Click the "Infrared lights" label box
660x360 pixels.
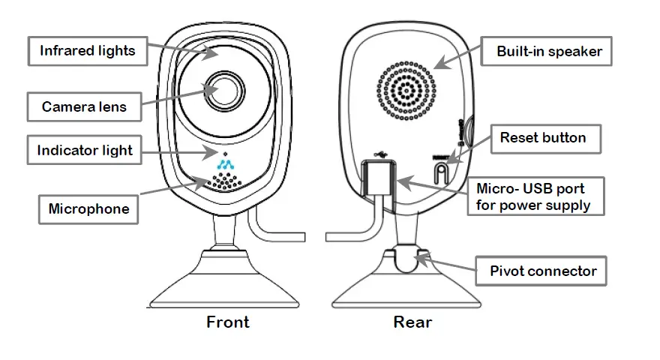click(88, 51)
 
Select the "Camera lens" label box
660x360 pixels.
click(84, 106)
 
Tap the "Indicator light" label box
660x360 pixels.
click(84, 150)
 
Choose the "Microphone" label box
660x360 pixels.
click(88, 208)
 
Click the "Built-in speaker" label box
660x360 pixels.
click(549, 52)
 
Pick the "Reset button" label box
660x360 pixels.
click(542, 137)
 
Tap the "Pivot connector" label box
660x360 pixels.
click(542, 270)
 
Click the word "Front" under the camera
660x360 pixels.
click(228, 322)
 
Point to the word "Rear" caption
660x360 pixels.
click(412, 322)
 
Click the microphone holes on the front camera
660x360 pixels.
click(226, 181)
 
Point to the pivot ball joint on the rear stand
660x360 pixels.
click(409, 259)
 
